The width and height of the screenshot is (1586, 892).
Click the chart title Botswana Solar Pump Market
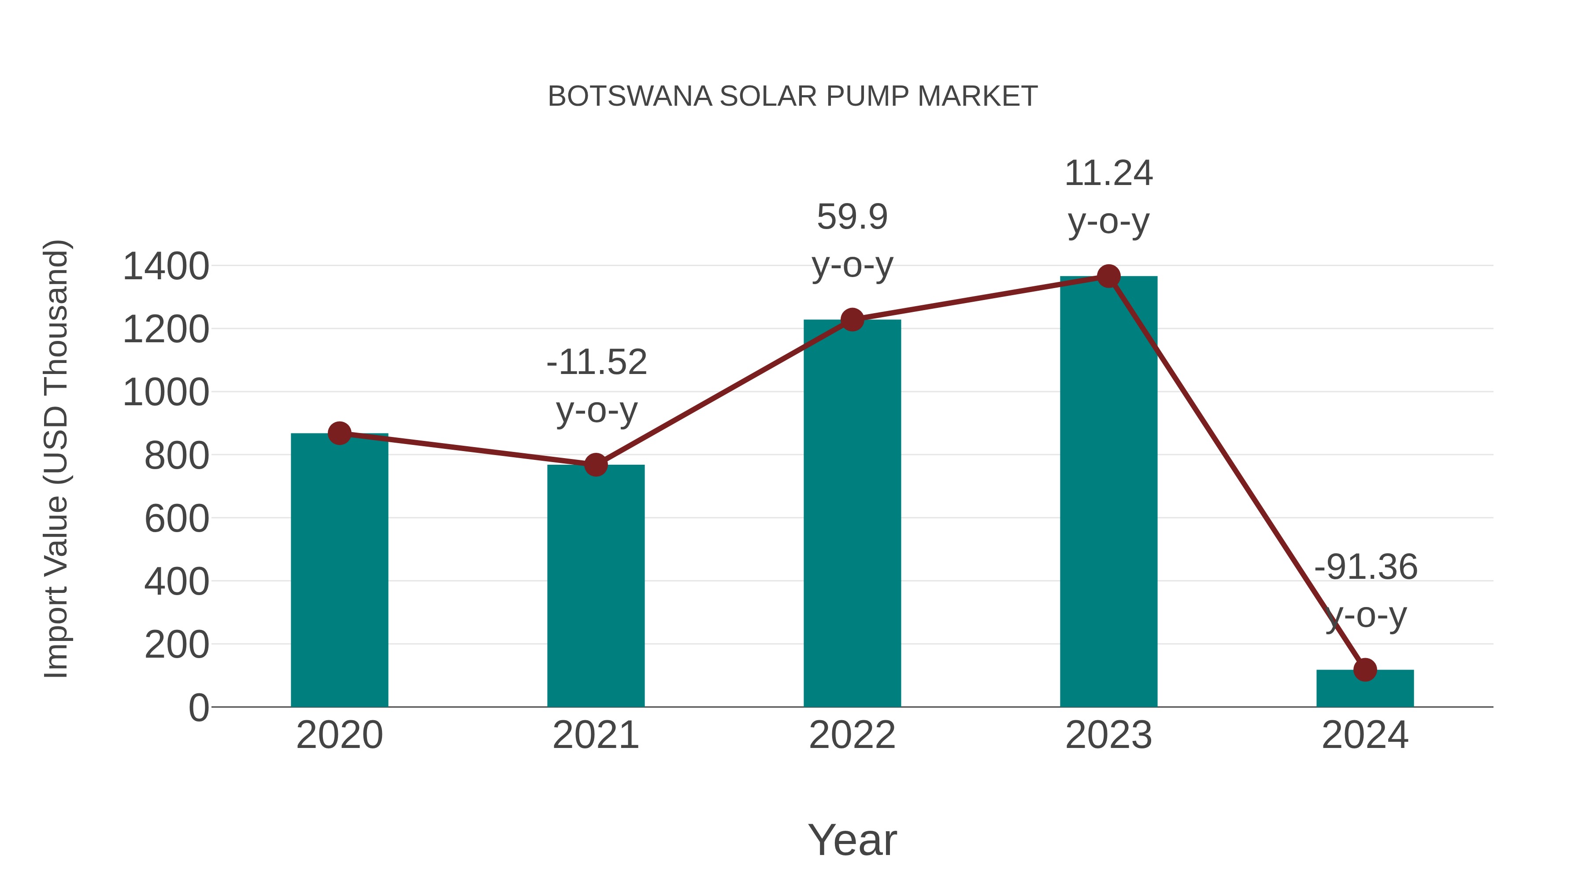[x=793, y=96]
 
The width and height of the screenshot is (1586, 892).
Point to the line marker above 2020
[x=339, y=433]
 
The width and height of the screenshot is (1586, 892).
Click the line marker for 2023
[x=1108, y=276]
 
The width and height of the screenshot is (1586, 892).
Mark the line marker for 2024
[x=1365, y=670]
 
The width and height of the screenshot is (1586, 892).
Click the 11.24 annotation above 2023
[x=1108, y=174]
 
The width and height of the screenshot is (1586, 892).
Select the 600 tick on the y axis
[x=177, y=518]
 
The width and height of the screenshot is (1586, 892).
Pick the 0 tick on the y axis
[x=198, y=707]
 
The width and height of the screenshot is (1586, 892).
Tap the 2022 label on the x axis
[x=852, y=735]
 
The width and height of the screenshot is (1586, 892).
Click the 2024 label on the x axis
[x=1365, y=735]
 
